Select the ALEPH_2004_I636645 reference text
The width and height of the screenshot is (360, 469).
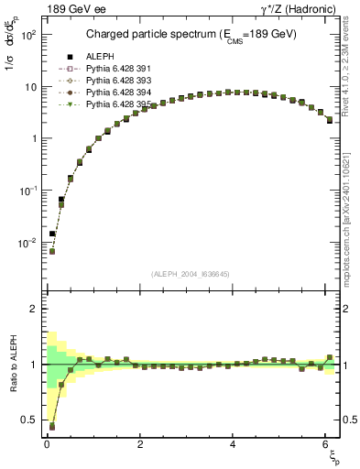click(191, 274)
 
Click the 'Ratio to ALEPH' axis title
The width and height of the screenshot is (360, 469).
click(14, 364)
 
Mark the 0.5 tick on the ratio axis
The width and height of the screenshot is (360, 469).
click(30, 420)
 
